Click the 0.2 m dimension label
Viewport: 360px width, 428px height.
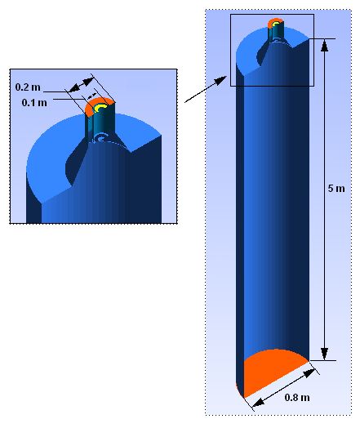28,87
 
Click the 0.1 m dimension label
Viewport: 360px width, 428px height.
34,103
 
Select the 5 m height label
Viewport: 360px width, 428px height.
336,189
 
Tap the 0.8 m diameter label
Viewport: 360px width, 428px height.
297,398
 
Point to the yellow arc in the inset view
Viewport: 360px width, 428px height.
100,108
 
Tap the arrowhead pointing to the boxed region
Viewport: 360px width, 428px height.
221,80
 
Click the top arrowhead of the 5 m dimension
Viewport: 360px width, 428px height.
324,45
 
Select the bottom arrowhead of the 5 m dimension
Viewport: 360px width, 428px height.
324,354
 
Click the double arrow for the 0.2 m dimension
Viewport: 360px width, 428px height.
82,85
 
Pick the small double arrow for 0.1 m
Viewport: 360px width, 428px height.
91,96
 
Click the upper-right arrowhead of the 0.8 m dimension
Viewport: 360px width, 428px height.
309,372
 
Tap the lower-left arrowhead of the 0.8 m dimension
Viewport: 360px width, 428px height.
258,402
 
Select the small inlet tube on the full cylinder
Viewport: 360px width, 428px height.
276,32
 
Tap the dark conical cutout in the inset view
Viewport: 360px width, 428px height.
77,161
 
